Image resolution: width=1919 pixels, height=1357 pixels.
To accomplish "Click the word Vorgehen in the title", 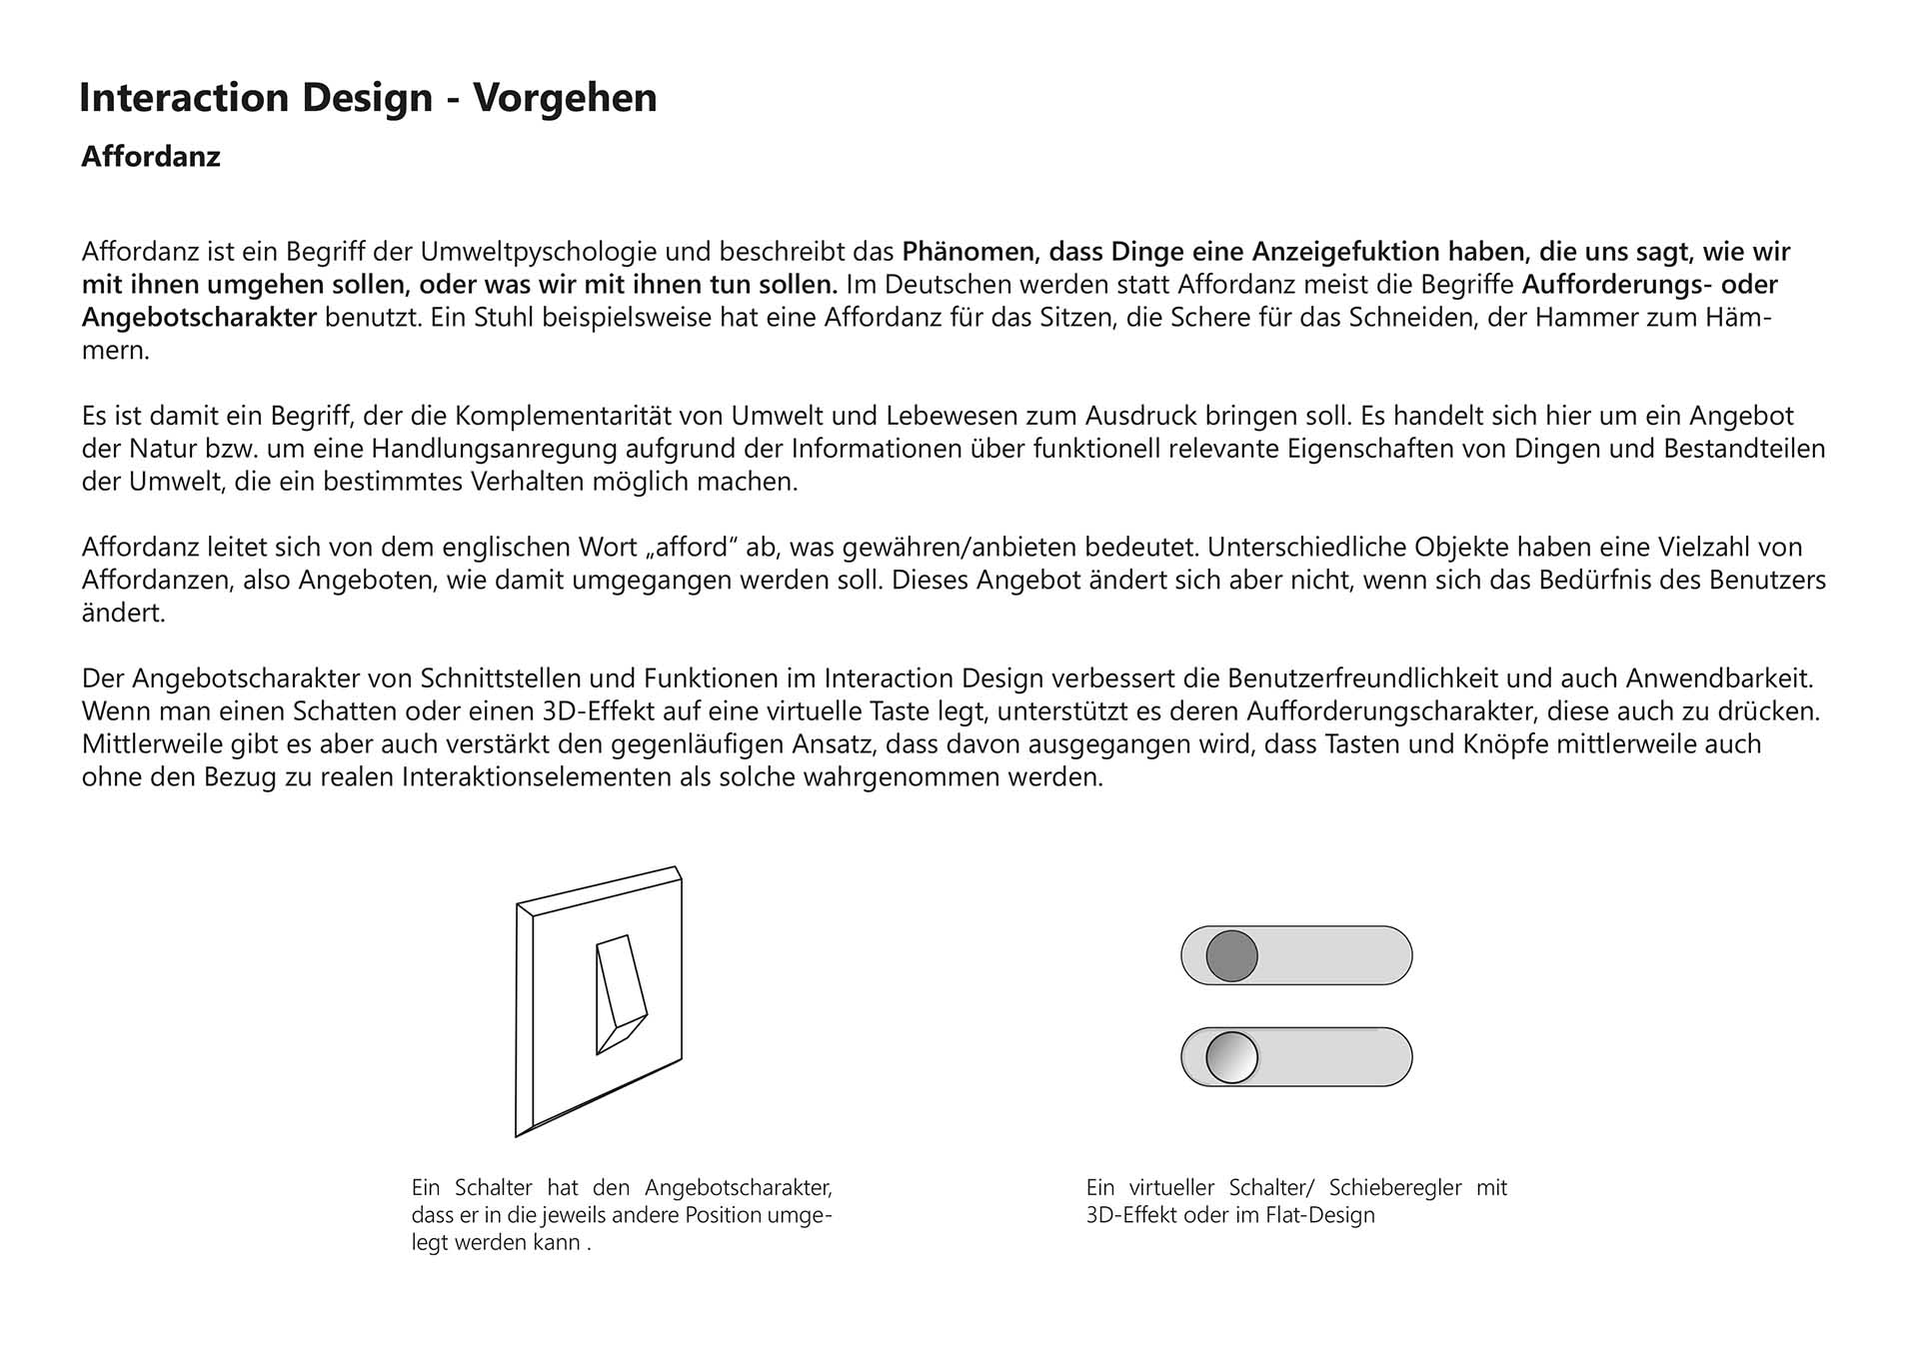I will click(x=565, y=98).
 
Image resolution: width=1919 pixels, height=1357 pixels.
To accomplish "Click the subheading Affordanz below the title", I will click(x=151, y=157).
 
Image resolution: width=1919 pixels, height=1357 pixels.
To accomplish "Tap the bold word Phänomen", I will click(x=968, y=251).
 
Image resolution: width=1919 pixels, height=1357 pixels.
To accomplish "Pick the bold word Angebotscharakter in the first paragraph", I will click(x=199, y=318).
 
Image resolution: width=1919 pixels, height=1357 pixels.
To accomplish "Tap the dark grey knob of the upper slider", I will click(x=1231, y=955).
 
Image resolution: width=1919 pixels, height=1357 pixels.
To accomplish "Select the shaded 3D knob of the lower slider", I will click(x=1231, y=1057).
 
